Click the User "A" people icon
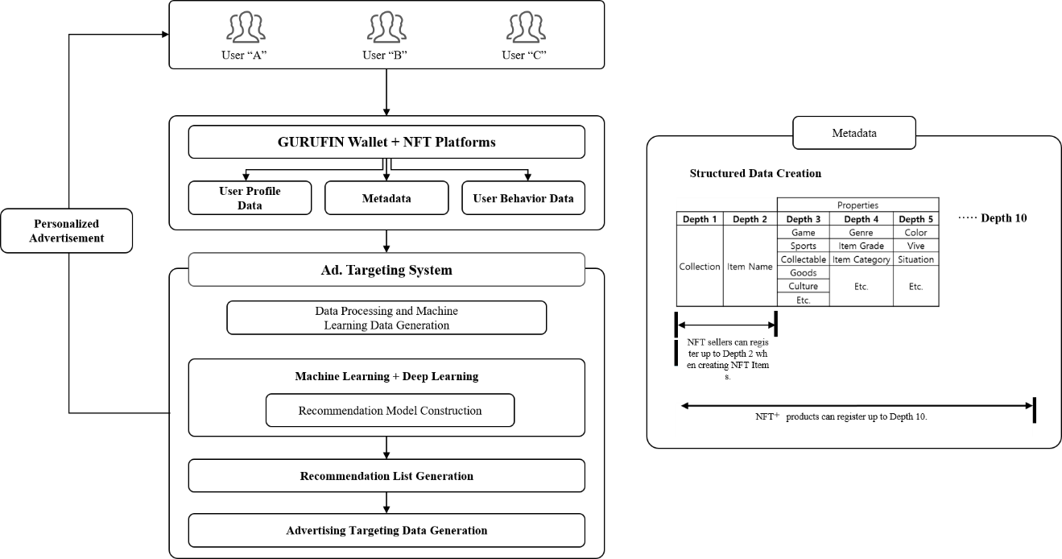[x=246, y=27]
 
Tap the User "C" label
[x=524, y=55]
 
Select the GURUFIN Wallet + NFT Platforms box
[x=386, y=142]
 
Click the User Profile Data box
[x=250, y=197]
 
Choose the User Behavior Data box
[x=523, y=197]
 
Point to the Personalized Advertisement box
[x=66, y=230]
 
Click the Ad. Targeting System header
[x=386, y=269]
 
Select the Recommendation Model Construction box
[x=390, y=410]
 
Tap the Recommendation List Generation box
[x=386, y=475]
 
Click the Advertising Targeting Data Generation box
[x=386, y=530]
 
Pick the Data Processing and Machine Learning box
[x=386, y=317]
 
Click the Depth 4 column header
[x=861, y=218]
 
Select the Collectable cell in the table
[x=803, y=259]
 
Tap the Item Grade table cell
[x=861, y=246]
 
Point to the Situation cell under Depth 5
[x=915, y=259]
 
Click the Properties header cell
[x=857, y=205]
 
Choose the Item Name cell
[x=750, y=266]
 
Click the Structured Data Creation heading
[x=755, y=173]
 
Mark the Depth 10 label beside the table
[x=1004, y=218]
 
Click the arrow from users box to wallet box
[x=386, y=93]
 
